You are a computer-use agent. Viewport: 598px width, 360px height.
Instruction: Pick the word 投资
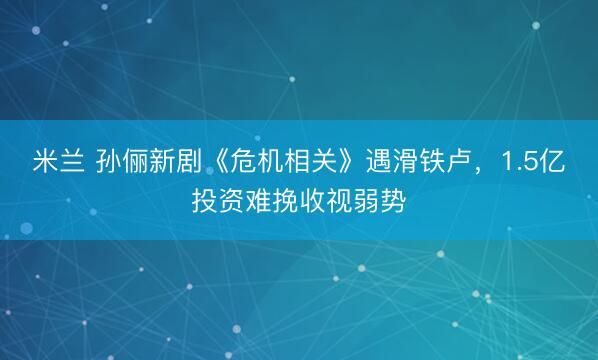pos(220,203)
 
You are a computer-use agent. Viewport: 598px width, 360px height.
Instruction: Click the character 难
pos(268,203)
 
